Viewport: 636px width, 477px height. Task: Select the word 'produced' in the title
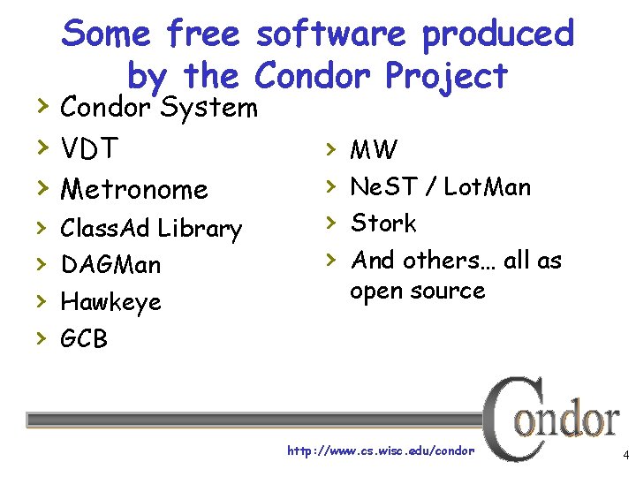[498, 35]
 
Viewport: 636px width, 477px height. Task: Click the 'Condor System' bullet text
[158, 109]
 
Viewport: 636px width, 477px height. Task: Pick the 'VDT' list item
[89, 148]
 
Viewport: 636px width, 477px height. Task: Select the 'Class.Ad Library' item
[150, 229]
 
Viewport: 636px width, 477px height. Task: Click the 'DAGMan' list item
[110, 265]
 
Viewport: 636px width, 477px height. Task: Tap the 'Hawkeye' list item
[110, 302]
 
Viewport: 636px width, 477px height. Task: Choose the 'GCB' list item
[84, 338]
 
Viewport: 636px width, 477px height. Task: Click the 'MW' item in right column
[374, 150]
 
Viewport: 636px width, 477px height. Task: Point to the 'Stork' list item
[383, 223]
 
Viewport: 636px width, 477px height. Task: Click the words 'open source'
[418, 291]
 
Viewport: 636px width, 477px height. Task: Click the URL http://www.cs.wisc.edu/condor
[381, 450]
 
